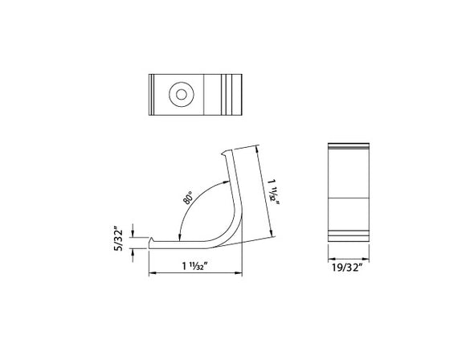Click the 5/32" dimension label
[x=120, y=239]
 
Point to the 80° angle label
[x=188, y=197]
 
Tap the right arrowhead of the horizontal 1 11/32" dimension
[x=241, y=274]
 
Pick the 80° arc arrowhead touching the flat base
[x=178, y=235]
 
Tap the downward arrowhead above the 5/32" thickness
[x=133, y=233]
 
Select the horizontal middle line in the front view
[x=349, y=198]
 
